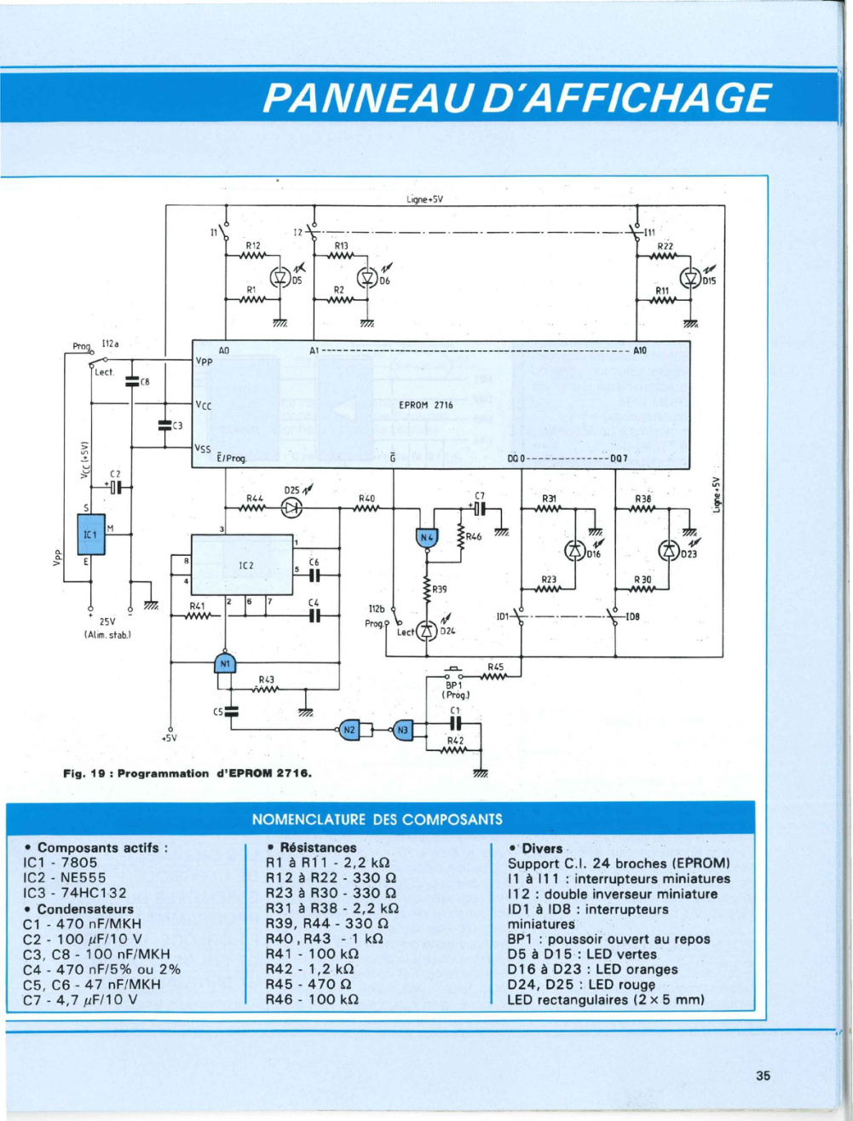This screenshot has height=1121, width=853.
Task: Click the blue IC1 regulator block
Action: (91, 534)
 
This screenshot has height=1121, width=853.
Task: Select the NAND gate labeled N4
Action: (427, 538)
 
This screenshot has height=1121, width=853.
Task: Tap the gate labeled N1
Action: (225, 663)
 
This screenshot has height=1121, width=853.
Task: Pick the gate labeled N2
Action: (350, 730)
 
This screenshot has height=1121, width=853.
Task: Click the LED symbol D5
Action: (280, 276)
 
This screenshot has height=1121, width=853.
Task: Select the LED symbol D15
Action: (691, 278)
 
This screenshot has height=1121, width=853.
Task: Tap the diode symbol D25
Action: (292, 508)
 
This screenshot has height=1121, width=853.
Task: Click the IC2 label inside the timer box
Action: (246, 566)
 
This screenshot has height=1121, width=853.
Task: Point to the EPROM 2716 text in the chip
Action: (426, 405)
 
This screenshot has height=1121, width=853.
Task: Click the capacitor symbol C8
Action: (132, 382)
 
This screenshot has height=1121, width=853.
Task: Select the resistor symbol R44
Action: (253, 507)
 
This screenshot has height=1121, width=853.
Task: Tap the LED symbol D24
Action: (427, 632)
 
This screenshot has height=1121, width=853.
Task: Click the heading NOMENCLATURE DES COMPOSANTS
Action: (378, 819)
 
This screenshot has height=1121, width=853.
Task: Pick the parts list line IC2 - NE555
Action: (65, 877)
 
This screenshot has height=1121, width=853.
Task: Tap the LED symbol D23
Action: (668, 550)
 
